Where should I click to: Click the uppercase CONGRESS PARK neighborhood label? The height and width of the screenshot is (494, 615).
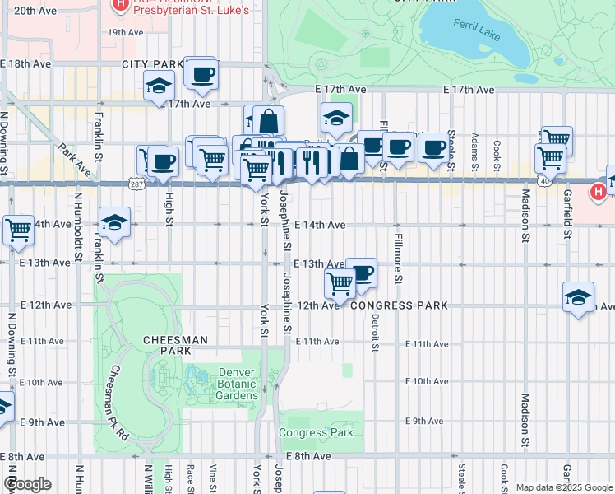point(399,305)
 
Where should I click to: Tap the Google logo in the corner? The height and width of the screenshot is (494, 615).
point(27,484)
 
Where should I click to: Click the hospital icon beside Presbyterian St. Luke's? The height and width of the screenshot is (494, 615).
point(121,4)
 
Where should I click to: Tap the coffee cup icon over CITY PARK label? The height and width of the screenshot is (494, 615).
point(201,75)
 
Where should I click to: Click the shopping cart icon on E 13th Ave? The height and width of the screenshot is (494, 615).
point(340,283)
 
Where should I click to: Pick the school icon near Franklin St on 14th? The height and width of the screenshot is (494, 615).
point(114,222)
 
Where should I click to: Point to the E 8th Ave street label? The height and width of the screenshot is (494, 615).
point(309,456)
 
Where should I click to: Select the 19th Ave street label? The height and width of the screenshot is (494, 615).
point(126,32)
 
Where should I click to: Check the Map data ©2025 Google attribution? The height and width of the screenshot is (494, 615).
point(564,487)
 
